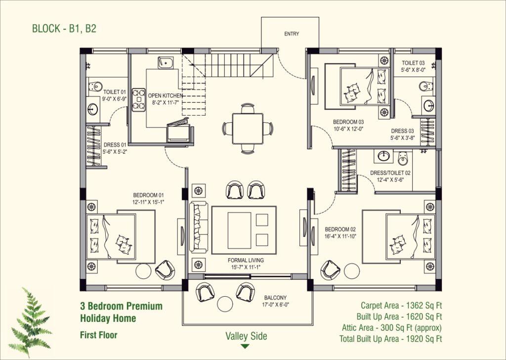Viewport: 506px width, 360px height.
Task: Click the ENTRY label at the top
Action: coord(292,34)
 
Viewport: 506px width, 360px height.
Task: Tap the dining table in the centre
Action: coord(248,128)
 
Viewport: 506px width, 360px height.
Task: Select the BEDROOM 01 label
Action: coord(148,195)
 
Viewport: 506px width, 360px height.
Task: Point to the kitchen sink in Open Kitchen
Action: coord(166,63)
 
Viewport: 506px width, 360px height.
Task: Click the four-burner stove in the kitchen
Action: coord(139,99)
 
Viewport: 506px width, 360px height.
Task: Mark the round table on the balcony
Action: coord(225,304)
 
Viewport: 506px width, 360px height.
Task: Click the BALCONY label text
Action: coord(275,298)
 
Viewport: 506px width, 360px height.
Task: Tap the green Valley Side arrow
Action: coord(245,347)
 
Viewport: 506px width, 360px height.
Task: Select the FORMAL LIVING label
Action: coord(246,260)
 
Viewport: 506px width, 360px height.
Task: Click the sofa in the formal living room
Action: coord(199,226)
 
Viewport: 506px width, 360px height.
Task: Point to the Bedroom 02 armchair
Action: coord(330,270)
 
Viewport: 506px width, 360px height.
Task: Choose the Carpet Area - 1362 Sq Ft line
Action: coord(401,306)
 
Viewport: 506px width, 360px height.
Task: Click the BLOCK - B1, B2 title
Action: coord(64,28)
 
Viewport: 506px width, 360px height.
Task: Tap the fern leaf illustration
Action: coord(31,321)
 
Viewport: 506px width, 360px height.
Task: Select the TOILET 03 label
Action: coord(413,63)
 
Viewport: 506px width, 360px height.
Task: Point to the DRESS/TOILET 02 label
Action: coord(390,173)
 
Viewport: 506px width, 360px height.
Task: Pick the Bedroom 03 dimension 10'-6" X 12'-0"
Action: coord(348,129)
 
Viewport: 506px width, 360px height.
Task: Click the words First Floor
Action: coord(98,335)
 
